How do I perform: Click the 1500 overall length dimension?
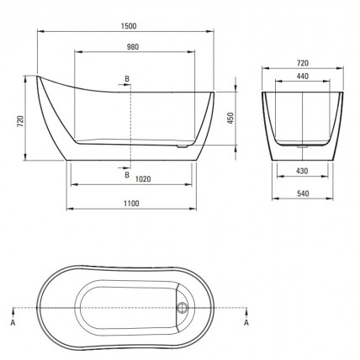click(129, 26)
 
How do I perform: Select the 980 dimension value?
click(133, 47)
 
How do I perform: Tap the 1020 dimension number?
click(143, 179)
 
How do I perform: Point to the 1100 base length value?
click(131, 204)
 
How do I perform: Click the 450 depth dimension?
click(230, 119)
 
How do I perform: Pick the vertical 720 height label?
click(20, 121)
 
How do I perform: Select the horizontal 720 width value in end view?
click(303, 63)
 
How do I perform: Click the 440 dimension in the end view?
click(303, 76)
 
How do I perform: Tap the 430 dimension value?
click(302, 171)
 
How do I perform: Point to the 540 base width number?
click(303, 193)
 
